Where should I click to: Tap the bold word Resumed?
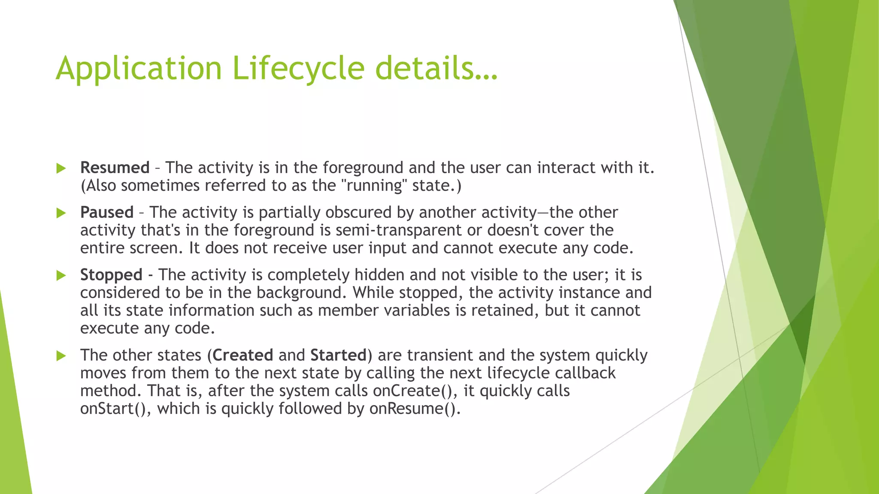[115, 168]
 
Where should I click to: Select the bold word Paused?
[107, 213]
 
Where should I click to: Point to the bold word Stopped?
[111, 275]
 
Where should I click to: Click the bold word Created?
[243, 355]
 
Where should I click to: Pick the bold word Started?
[338, 355]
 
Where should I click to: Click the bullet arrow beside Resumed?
[61, 168]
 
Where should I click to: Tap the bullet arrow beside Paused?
[61, 213]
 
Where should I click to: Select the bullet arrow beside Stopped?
[61, 275]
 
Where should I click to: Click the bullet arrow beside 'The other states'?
[61, 355]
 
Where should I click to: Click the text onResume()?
[415, 409]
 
